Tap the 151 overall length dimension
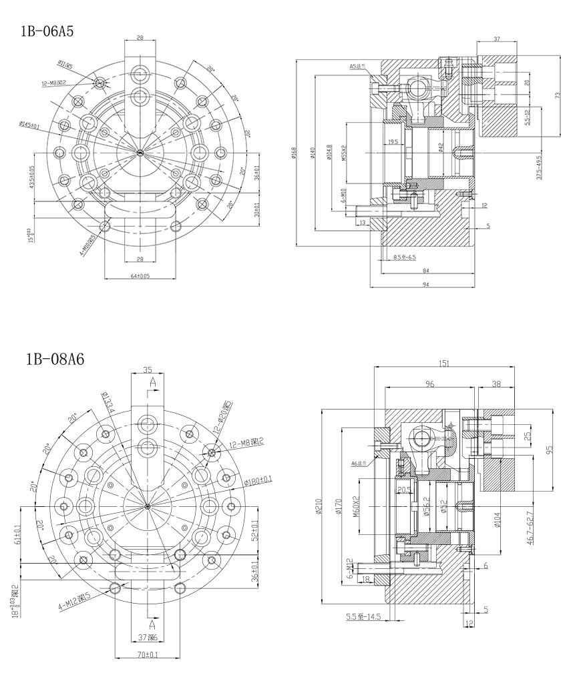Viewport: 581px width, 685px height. (444, 364)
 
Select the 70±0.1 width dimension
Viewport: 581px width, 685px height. (148, 655)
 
